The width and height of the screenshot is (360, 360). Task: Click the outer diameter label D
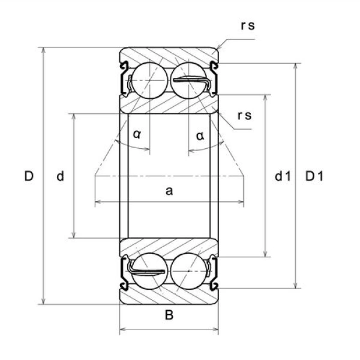(x=28, y=176)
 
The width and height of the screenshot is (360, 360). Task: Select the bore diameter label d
(x=60, y=176)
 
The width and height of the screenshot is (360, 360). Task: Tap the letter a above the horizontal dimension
(x=169, y=191)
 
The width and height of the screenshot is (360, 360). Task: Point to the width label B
(x=169, y=316)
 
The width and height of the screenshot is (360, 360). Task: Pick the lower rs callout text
(x=244, y=116)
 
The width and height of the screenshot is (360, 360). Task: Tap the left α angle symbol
(x=137, y=134)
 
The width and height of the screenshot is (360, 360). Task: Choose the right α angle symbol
(x=200, y=134)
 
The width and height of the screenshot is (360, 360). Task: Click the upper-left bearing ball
(x=144, y=79)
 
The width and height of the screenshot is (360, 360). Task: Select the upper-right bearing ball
(x=188, y=79)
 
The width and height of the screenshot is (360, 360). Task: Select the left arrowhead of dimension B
(x=123, y=329)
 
